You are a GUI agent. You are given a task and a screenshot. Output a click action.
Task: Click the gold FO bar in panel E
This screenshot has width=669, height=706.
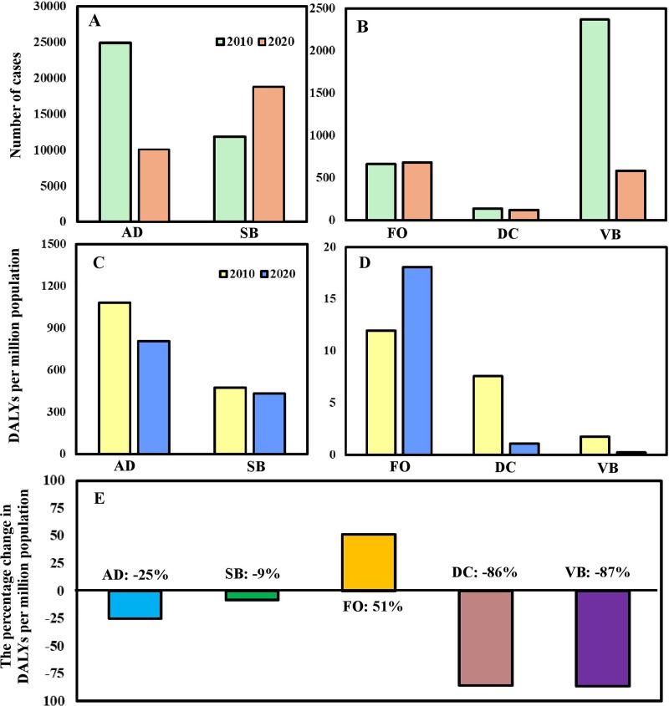pyautogui.click(x=369, y=561)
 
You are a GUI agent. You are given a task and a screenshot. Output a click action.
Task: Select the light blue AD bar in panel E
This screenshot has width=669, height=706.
pyautogui.click(x=135, y=604)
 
